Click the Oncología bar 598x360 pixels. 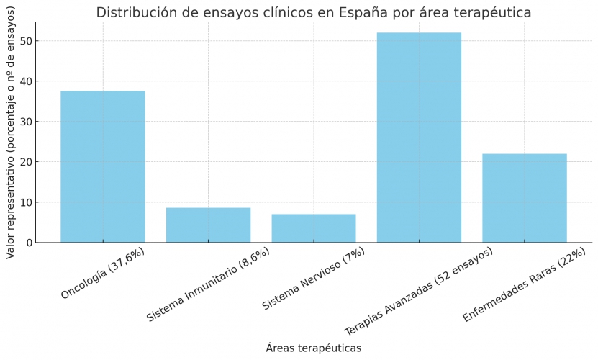[x=103, y=166]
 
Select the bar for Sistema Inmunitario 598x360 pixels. [x=208, y=225]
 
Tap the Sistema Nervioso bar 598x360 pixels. [x=314, y=228]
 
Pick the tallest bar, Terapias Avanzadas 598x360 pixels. [x=419, y=138]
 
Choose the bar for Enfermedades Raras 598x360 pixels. [x=525, y=198]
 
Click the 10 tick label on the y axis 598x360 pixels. [x=26, y=202]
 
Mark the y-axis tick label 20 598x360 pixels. [x=26, y=162]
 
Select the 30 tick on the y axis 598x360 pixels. [x=26, y=122]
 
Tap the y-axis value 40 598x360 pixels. [x=26, y=81]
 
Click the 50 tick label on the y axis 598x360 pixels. [x=26, y=41]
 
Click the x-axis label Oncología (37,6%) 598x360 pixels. [x=103, y=273]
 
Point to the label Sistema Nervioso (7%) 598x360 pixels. [x=314, y=279]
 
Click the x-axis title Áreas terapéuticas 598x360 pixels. [x=313, y=348]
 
